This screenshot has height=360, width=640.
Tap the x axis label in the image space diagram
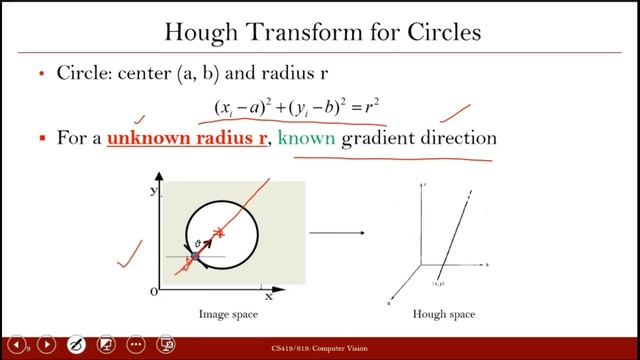click(268, 296)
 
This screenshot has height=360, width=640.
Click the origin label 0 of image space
click(153, 291)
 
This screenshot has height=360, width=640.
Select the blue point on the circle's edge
click(196, 257)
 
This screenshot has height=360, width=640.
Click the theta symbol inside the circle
click(198, 243)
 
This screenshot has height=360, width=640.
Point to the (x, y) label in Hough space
click(436, 284)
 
